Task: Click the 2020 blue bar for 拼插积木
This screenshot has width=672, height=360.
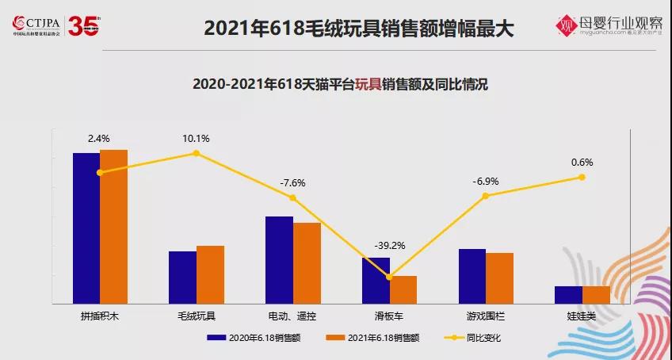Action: click(86, 228)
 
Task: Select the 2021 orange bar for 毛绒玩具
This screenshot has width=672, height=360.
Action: click(210, 274)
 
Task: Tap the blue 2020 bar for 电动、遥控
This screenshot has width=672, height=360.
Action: click(279, 259)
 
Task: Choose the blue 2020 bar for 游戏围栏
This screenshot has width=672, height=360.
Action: click(472, 276)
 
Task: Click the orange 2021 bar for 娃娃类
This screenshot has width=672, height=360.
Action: click(596, 294)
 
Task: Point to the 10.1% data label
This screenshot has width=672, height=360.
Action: click(196, 138)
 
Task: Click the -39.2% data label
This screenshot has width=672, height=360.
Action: click(389, 246)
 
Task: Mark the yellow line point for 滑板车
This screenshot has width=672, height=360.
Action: click(389, 277)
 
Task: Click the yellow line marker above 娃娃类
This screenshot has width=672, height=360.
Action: click(582, 178)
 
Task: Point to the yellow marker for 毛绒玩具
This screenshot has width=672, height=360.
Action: click(196, 153)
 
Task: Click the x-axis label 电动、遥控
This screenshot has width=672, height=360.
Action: click(292, 316)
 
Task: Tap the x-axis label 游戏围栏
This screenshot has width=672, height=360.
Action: click(486, 316)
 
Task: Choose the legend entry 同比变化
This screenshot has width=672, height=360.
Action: click(484, 338)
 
